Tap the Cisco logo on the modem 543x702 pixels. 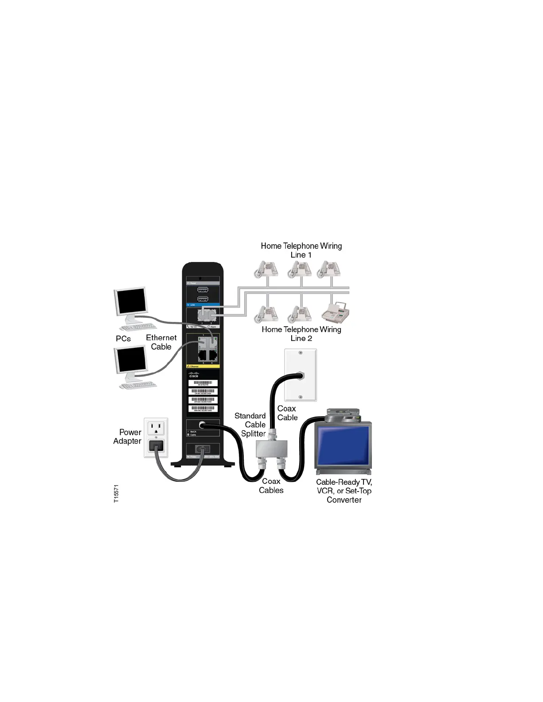coord(194,374)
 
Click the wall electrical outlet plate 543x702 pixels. coord(156,437)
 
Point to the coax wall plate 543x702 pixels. coord(300,375)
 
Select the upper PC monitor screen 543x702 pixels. coord(131,301)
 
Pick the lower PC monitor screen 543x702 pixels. coord(131,359)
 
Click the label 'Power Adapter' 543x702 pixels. coord(128,437)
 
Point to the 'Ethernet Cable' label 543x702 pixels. coord(161,342)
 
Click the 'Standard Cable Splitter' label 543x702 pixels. coord(251,425)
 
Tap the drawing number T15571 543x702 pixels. coord(116,493)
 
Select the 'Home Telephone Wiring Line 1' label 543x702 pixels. coord(301,250)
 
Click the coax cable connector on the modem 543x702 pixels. coord(202,425)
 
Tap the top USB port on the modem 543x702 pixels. coord(203,290)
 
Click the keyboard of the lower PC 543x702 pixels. coord(138,385)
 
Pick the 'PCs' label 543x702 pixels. coord(123,339)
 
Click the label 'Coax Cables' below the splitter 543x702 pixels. coord(271,486)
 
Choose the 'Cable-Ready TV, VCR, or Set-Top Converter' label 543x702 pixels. coord(344,491)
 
